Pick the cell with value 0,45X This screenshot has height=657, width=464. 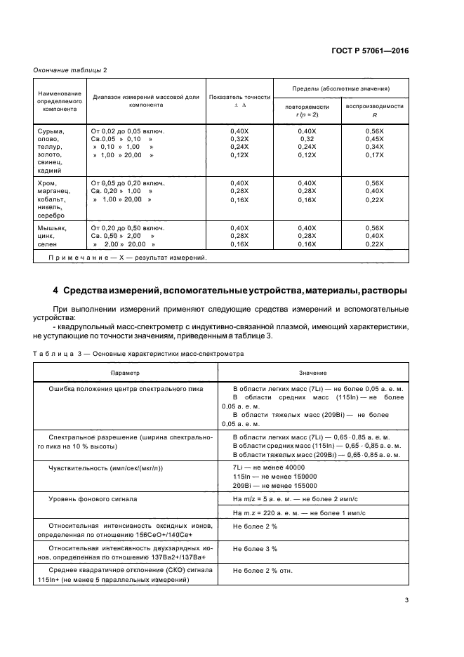coord(375,139)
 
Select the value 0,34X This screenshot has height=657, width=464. coord(375,147)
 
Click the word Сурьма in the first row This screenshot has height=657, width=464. coord(49,131)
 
